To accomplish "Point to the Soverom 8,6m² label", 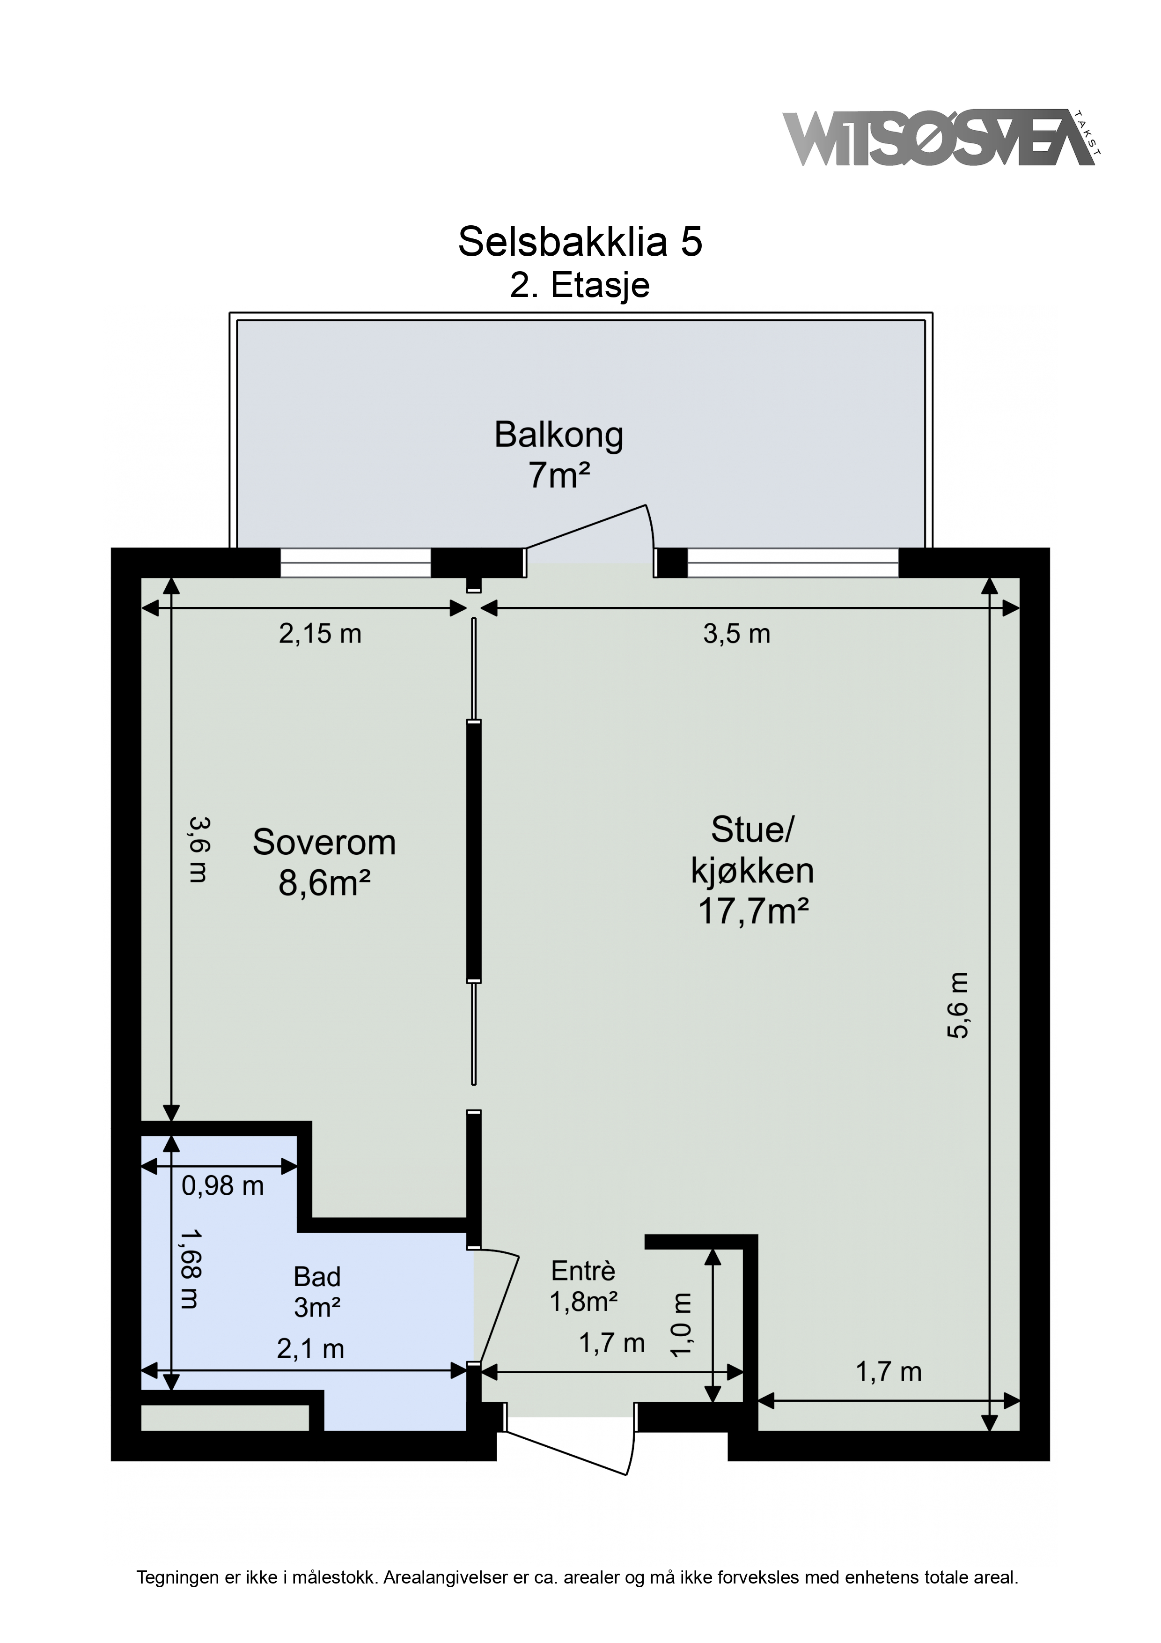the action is point(324,863).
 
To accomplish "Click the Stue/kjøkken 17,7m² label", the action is point(752,871).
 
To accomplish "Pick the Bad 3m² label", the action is point(317,1292).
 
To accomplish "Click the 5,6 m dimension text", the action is point(959,1006).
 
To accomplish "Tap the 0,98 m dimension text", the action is point(222,1186).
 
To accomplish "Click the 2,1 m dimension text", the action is point(310,1350).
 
